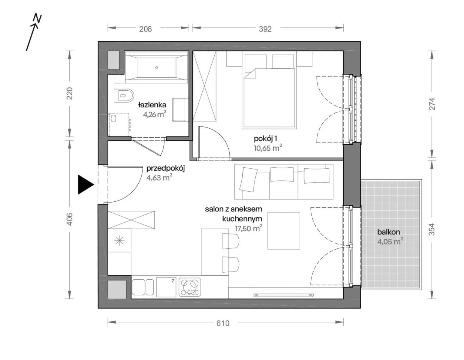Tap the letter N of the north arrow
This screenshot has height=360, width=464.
point(37,19)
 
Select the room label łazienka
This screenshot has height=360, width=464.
point(152,105)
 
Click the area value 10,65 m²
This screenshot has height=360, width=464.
point(268,148)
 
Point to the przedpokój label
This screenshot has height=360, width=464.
point(166,169)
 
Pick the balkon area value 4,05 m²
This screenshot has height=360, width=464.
point(390,241)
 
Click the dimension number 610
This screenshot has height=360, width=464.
point(223,324)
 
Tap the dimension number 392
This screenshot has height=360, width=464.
point(265,29)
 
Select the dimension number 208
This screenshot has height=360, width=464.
point(145,29)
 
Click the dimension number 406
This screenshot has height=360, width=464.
point(70,219)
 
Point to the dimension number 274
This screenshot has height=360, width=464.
point(432,104)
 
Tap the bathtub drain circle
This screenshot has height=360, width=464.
point(157,67)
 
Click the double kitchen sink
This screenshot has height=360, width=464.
point(143,287)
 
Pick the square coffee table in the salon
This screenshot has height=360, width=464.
point(284,231)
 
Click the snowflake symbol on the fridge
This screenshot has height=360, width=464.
point(119,241)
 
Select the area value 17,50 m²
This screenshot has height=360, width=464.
point(248,229)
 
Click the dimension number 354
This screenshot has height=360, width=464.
point(432,229)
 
